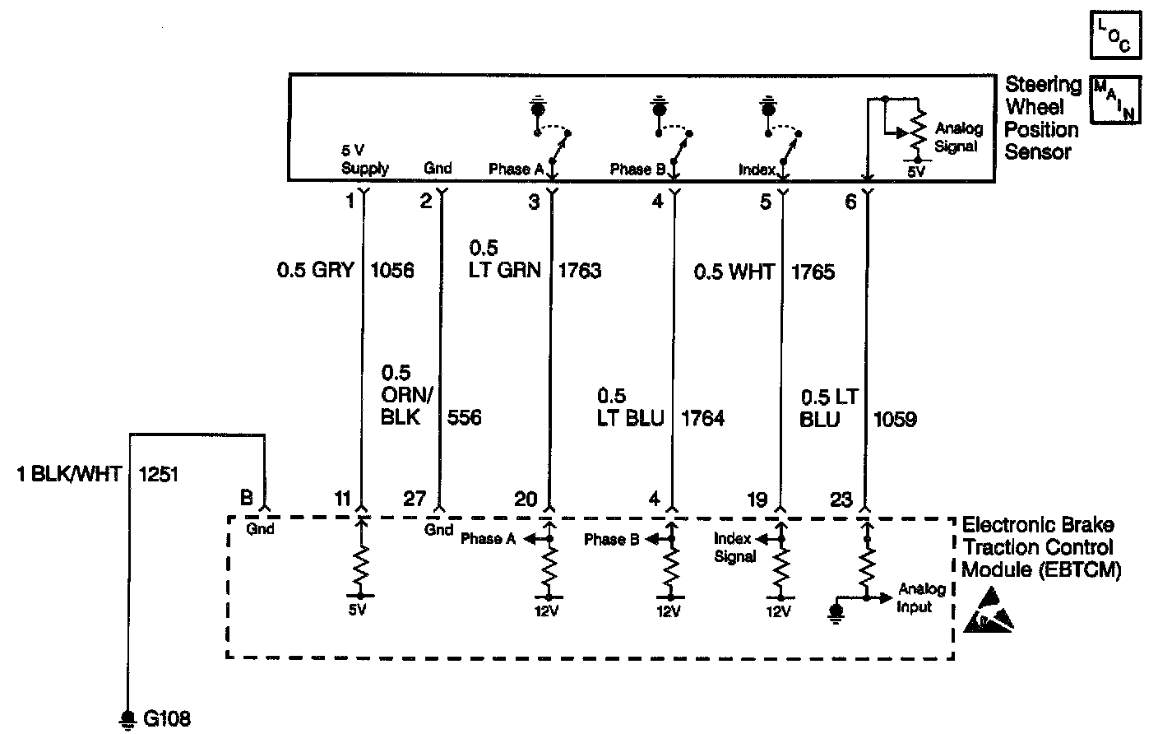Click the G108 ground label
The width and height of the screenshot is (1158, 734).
pos(167,718)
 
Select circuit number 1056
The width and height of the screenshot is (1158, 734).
pos(393,271)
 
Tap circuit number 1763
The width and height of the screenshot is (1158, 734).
pos(580,271)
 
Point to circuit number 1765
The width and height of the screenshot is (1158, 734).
pos(813,271)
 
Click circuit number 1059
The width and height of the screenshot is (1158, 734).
pos(895,419)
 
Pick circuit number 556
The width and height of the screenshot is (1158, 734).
pos(464,417)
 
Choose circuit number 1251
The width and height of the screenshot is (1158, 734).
pos(158,474)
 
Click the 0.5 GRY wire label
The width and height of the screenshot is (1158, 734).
pos(316,271)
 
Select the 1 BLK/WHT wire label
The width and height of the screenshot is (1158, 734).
pos(70,474)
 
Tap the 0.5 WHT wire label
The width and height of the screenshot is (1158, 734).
pos(734,271)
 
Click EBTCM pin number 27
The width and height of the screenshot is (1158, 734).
pos(415,499)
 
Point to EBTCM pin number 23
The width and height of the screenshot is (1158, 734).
pos(841,499)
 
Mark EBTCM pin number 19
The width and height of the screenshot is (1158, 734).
pos(757,499)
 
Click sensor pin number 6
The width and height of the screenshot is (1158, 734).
pos(850,201)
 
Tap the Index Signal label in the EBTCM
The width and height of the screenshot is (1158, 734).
pos(734,548)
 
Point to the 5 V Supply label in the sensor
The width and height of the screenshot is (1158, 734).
pos(364,160)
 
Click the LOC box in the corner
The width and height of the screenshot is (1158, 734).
pos(1114,36)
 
